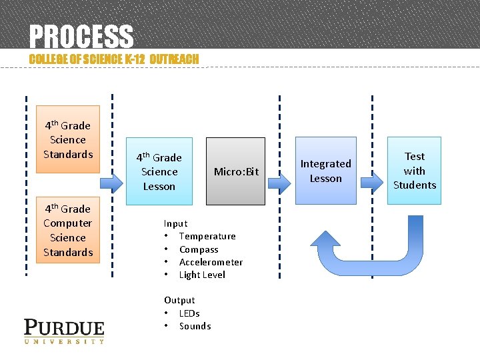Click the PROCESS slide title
(81, 36)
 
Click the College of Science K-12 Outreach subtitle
(114, 59)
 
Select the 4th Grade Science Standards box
(67, 139)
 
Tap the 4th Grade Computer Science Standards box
(67, 230)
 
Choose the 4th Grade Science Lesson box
(159, 171)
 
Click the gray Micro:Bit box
(235, 171)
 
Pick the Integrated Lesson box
(325, 171)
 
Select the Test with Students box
(414, 171)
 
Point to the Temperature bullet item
(207, 236)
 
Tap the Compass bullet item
(199, 249)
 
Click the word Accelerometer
(211, 262)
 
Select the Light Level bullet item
(202, 275)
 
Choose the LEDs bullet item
(189, 313)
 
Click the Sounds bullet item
(195, 326)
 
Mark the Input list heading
(175, 223)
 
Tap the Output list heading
(179, 300)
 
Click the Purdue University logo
(64, 331)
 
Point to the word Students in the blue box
(414, 185)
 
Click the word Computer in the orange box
(67, 223)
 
